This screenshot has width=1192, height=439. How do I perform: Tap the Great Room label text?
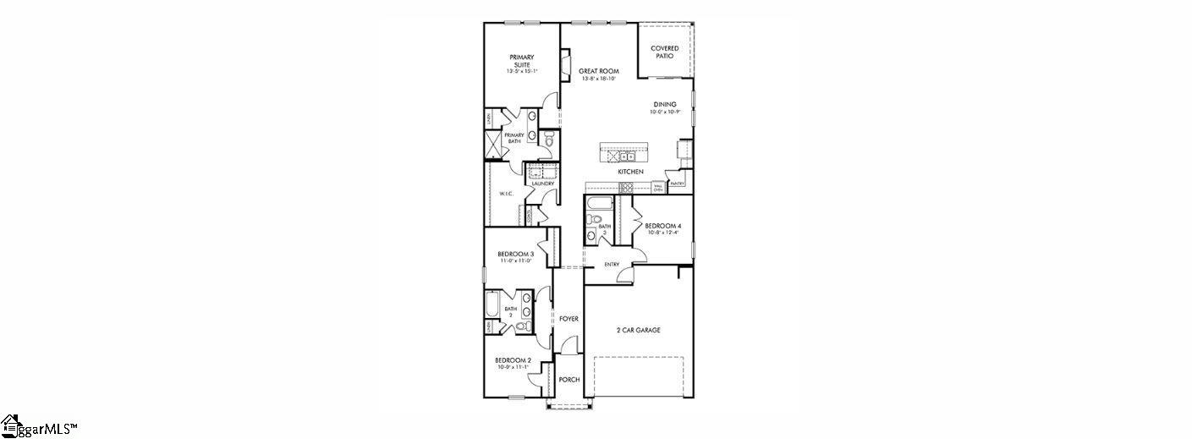tap(599, 72)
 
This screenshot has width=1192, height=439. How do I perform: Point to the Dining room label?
tap(664, 105)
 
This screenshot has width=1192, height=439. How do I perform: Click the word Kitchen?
tap(630, 172)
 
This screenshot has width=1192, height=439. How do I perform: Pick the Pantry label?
tap(677, 183)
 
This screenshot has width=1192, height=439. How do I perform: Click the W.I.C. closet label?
tap(507, 194)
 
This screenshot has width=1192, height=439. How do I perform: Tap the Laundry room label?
tap(542, 184)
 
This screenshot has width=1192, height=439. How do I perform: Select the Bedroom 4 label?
tap(662, 226)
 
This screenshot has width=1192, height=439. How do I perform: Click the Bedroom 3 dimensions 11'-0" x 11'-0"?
tap(515, 261)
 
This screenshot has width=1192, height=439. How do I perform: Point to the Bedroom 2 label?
tap(514, 360)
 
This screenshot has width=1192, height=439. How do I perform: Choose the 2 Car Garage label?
tap(639, 330)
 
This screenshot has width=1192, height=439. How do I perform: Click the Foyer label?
tap(569, 319)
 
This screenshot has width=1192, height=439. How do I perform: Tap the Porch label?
tap(569, 380)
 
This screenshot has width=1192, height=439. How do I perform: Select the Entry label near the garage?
tap(612, 265)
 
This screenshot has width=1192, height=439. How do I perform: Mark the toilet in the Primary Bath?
tap(548, 140)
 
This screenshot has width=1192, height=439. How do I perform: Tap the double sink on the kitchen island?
tap(627, 156)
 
